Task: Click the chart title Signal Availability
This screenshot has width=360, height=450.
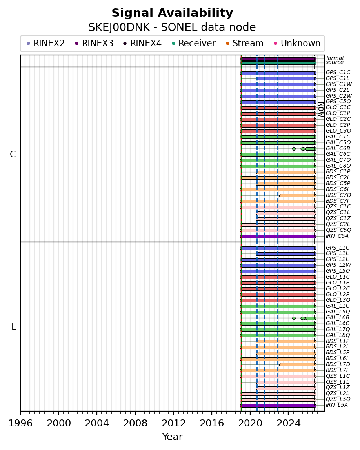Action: click(x=172, y=13)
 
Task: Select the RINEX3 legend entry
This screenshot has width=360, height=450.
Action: click(x=94, y=43)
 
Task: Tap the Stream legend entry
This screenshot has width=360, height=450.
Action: click(x=245, y=43)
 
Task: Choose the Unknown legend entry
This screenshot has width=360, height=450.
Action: click(x=297, y=43)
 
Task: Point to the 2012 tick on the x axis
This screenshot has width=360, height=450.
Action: click(x=173, y=413)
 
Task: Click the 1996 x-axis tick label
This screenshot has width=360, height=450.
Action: click(x=20, y=423)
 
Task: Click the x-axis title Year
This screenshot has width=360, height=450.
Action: click(x=173, y=437)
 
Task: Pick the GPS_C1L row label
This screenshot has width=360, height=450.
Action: click(x=338, y=78)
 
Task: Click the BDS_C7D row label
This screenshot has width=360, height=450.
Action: click(x=338, y=195)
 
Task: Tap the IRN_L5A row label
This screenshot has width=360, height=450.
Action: click(x=337, y=405)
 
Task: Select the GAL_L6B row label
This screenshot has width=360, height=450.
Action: click(x=338, y=317)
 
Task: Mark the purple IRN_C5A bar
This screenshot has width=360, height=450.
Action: click(x=278, y=237)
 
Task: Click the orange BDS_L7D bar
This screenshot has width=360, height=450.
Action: click(x=298, y=364)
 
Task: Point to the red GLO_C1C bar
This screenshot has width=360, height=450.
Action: click(x=278, y=108)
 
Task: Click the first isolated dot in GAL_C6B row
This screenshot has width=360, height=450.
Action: click(x=294, y=149)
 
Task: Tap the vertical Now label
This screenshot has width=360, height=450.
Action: click(x=321, y=109)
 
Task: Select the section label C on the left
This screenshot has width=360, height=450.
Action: click(x=13, y=155)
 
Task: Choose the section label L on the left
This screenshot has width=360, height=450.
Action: click(x=13, y=326)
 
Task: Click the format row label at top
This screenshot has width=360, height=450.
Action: click(x=335, y=58)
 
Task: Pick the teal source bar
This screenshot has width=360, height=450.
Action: click(x=278, y=63)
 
